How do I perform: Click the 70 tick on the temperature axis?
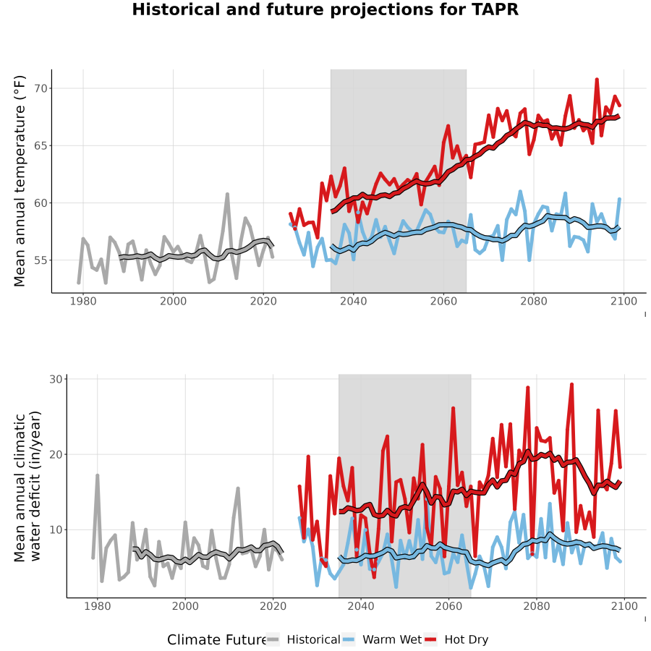coord(41,88)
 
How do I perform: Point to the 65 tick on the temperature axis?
coord(41,145)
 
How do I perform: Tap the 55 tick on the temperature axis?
coord(41,260)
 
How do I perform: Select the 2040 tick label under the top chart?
coord(353,301)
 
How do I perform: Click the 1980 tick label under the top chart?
coord(83,301)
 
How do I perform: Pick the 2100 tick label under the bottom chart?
coord(624,606)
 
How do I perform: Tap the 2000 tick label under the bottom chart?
coord(185,606)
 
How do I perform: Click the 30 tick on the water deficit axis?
coord(56,379)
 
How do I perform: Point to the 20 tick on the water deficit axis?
coord(56,454)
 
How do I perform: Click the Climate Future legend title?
coord(217,639)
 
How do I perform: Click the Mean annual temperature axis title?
coord(20,181)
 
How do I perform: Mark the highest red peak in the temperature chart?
coord(597,79)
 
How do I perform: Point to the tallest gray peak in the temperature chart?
coord(227,194)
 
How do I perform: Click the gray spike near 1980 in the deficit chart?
coord(97,475)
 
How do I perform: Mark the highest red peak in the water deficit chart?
coord(571,385)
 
